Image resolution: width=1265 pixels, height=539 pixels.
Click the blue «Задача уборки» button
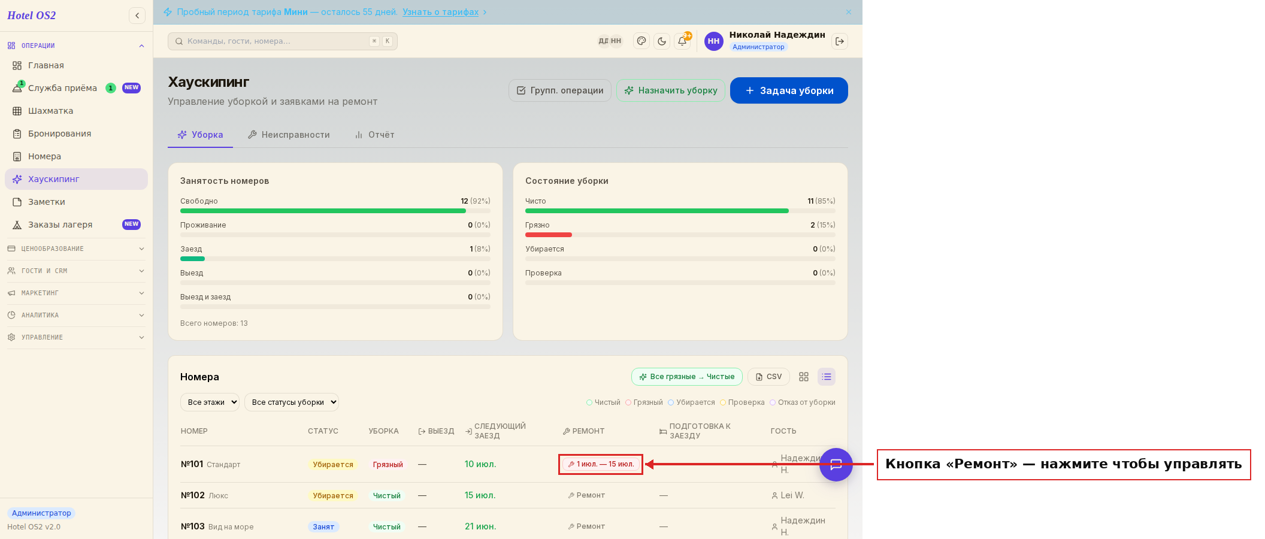[789, 90]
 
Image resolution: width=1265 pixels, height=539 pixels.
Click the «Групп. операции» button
[560, 90]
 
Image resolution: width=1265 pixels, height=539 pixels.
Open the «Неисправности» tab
[289, 135]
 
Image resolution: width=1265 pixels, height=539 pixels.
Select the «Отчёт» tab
[374, 135]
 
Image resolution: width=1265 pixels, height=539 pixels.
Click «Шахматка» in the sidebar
[50, 111]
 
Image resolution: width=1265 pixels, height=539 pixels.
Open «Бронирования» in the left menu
[59, 134]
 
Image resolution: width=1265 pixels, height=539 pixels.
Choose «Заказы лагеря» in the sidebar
[60, 225]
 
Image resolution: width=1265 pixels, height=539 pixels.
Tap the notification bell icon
[682, 41]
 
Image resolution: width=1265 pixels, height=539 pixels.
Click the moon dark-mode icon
[662, 41]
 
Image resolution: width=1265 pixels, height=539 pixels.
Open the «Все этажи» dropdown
[210, 402]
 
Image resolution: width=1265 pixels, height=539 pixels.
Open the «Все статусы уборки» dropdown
[292, 402]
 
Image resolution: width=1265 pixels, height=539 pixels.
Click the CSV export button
[768, 377]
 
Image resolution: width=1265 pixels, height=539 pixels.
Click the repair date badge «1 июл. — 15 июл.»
[601, 464]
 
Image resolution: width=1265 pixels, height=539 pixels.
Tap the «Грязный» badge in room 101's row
[388, 465]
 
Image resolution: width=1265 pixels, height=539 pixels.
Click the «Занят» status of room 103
[323, 527]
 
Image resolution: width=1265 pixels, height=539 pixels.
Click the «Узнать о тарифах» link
[440, 12]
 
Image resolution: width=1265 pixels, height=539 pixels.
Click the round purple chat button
[836, 465]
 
